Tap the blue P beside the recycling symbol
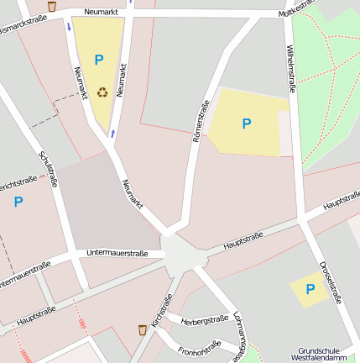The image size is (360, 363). [98, 60]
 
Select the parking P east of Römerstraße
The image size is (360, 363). [246, 124]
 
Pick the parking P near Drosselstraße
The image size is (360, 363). [310, 289]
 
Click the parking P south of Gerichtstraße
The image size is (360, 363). [18, 202]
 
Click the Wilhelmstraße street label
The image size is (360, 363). [291, 66]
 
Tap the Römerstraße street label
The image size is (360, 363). [201, 121]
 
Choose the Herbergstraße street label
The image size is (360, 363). [205, 319]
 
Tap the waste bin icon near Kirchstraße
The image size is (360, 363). [143, 330]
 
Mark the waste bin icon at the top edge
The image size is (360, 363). [52, 6]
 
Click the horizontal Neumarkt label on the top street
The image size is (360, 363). [99, 13]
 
